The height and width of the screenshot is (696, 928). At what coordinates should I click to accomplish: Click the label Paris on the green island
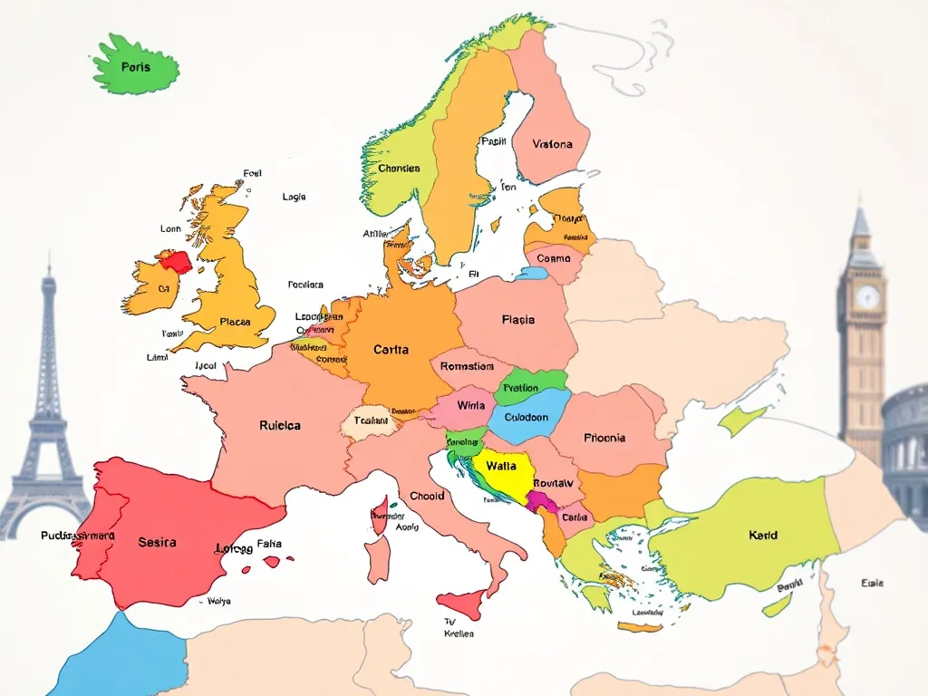pos(135,67)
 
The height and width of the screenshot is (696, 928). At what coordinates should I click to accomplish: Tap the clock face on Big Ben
pos(867,296)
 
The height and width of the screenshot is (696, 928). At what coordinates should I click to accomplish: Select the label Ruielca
pos(280,424)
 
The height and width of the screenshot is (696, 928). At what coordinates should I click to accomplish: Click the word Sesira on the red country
pos(158,542)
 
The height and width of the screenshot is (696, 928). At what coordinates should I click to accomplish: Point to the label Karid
pos(763,535)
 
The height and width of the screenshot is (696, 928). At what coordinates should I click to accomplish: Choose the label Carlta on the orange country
pos(391,349)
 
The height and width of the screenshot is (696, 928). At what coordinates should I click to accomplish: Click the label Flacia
pos(517,319)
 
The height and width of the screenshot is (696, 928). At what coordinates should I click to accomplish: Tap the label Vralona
pos(553,144)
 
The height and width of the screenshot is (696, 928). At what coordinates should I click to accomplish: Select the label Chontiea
pos(399,169)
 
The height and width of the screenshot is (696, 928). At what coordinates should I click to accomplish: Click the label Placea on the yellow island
pos(235,321)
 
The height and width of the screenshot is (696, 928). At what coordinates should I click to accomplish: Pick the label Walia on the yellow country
pos(500,465)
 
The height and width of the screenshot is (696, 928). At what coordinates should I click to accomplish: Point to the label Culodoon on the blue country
pos(526,418)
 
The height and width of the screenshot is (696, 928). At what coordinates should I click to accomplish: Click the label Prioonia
pos(604,438)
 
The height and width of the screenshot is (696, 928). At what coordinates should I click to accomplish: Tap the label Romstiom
pos(467,366)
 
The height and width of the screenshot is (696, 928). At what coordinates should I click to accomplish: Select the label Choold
pos(427,496)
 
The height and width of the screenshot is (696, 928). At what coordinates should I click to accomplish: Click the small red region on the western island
pos(175,262)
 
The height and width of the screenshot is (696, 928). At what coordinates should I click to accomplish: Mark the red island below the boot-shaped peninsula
pos(460,604)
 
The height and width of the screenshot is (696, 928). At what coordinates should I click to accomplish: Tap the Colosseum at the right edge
pos(906,444)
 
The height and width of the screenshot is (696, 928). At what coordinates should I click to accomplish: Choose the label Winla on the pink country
pos(471,405)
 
